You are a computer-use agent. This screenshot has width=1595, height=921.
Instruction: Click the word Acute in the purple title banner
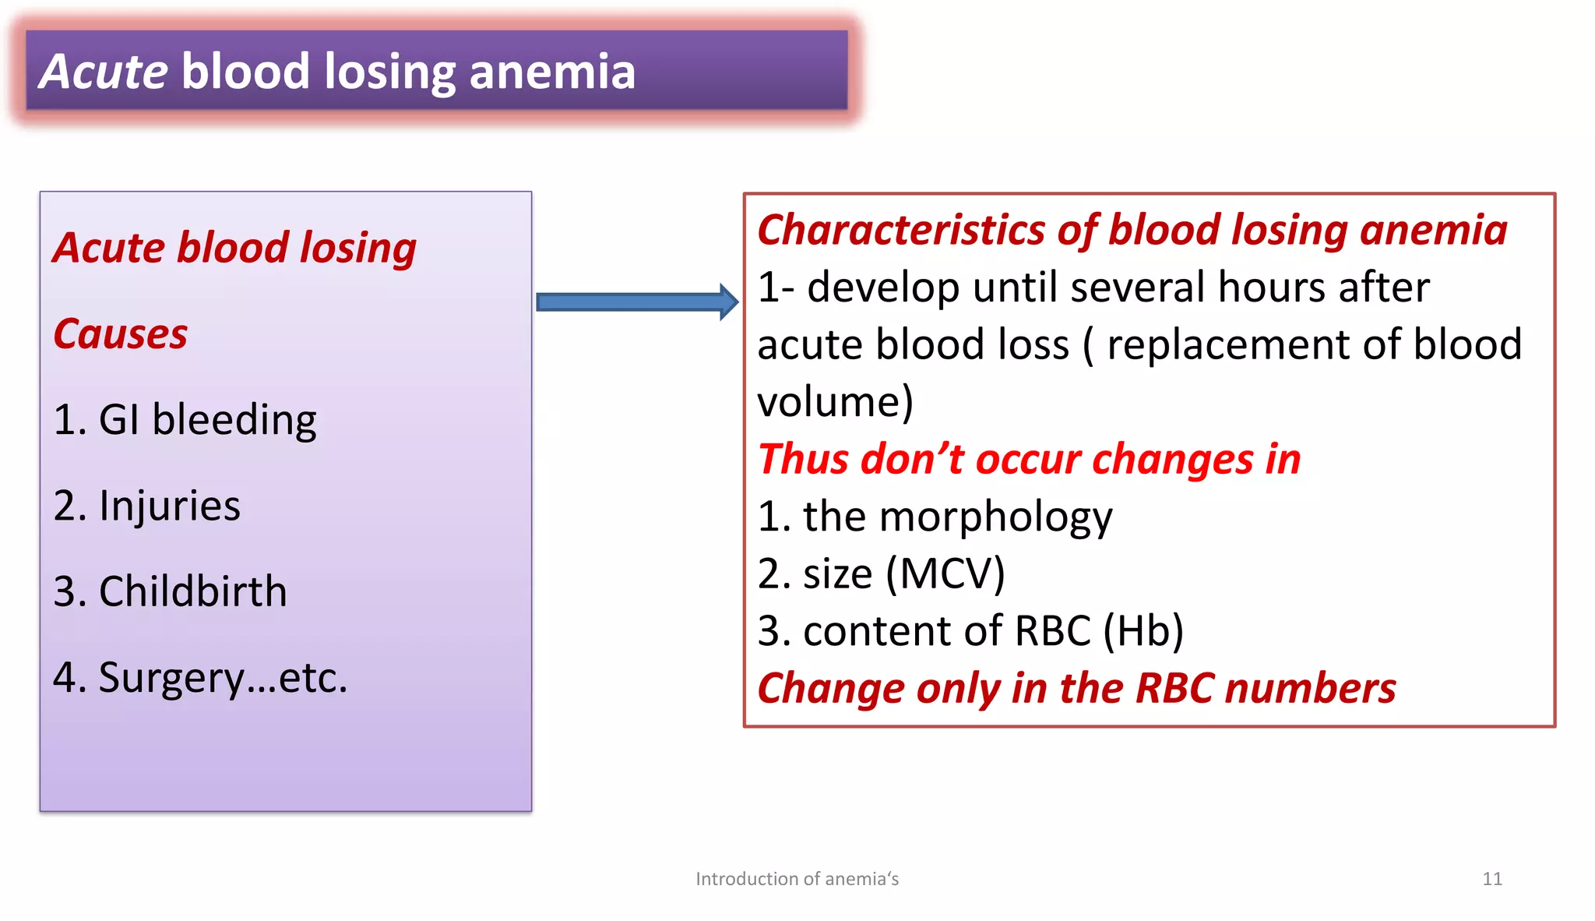pyautogui.click(x=104, y=72)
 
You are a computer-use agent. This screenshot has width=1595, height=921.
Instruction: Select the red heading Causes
pyautogui.click(x=120, y=334)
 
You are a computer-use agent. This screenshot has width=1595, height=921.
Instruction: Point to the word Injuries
pyautogui.click(x=169, y=506)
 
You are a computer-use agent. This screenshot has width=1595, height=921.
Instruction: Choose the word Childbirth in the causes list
pyautogui.click(x=192, y=591)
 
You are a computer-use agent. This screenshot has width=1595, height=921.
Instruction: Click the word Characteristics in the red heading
pyautogui.click(x=900, y=231)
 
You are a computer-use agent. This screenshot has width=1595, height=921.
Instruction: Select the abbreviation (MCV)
pyautogui.click(x=945, y=574)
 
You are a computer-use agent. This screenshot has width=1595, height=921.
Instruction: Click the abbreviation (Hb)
pyautogui.click(x=1143, y=631)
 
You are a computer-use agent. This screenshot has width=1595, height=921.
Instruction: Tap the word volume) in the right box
pyautogui.click(x=834, y=403)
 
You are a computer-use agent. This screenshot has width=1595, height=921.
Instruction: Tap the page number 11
pyautogui.click(x=1491, y=879)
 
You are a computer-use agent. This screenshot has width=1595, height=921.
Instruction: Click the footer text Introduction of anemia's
pyautogui.click(x=797, y=879)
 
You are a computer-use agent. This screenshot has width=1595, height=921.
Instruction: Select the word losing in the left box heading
pyautogui.click(x=357, y=249)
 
